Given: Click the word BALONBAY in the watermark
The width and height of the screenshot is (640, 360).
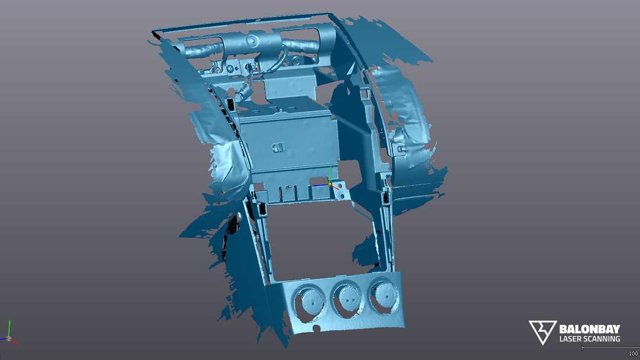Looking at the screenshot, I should (589, 329).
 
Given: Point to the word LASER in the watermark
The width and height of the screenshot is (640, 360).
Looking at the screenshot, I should (570, 339).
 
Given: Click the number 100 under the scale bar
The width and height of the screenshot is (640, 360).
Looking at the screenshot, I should (633, 354).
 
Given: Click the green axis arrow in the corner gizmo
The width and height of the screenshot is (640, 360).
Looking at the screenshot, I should (9, 326).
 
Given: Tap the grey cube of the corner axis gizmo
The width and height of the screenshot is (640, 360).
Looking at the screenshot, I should (9, 338).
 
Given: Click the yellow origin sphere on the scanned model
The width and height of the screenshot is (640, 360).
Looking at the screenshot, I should (330, 184).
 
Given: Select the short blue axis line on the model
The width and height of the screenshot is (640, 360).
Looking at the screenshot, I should (320, 186).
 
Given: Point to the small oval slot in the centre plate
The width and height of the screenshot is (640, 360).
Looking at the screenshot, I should (278, 146).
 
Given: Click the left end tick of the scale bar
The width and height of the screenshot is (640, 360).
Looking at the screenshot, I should (582, 348).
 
